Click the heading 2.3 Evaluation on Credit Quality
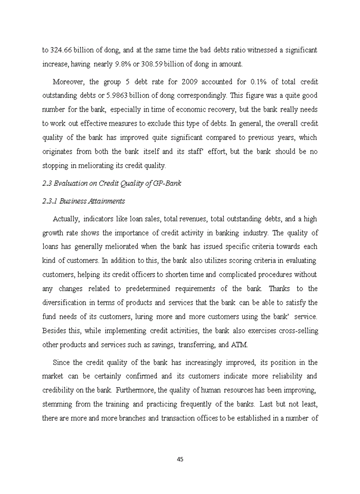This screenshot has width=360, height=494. [x=111, y=183]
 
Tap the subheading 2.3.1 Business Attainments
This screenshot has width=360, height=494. [x=83, y=201]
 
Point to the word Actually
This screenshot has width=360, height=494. [x=65, y=219]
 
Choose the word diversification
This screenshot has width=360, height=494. [x=68, y=303]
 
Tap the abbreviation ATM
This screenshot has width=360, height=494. [x=240, y=344]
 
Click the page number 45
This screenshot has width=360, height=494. [x=180, y=460]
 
